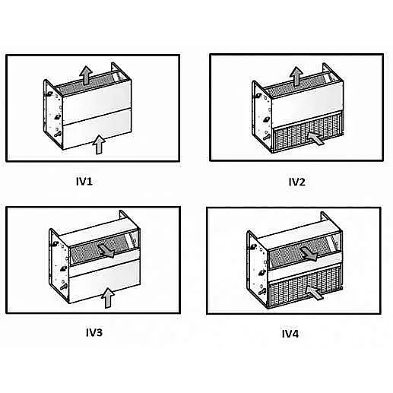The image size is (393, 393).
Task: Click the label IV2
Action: [x=296, y=182]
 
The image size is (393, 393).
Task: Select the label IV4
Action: [x=290, y=334]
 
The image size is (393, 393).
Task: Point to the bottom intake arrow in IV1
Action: [x=97, y=142]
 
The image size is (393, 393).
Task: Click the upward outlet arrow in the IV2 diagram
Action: [x=294, y=74]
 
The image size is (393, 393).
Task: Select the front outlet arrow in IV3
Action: [x=112, y=252]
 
